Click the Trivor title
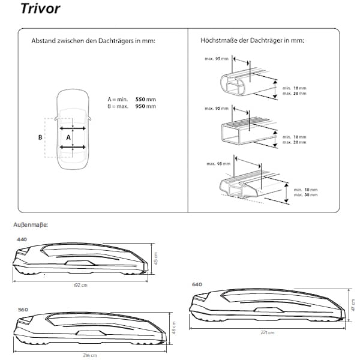point(40,10)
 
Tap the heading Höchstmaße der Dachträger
point(253,41)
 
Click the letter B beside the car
point(40,137)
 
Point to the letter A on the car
point(68,137)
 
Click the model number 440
point(23,238)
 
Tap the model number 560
point(23,309)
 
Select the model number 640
point(197,284)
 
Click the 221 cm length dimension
point(267,332)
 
